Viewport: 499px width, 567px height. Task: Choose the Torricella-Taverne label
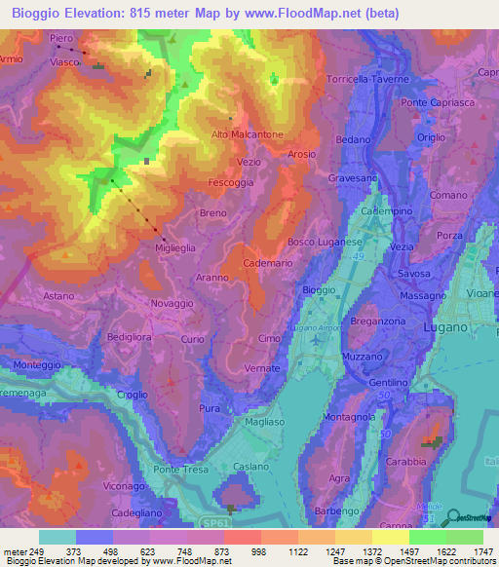coord(367,79)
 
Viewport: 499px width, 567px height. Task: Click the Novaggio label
coord(172,304)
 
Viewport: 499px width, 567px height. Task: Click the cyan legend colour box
coord(58,537)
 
